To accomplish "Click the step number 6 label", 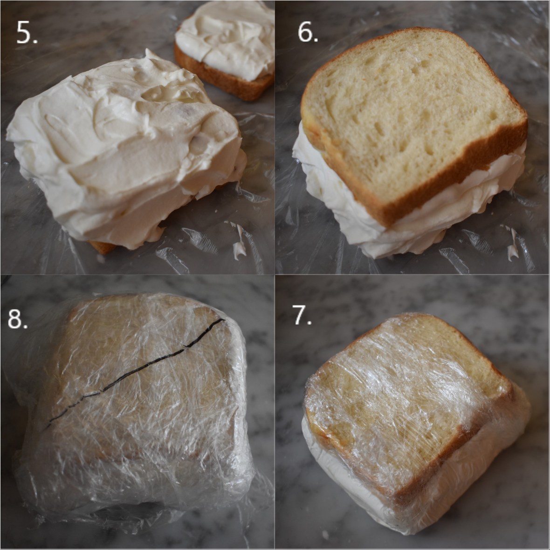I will (308, 32).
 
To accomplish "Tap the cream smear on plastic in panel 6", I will (513, 245).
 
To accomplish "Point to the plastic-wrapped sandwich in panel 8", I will (140, 406).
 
